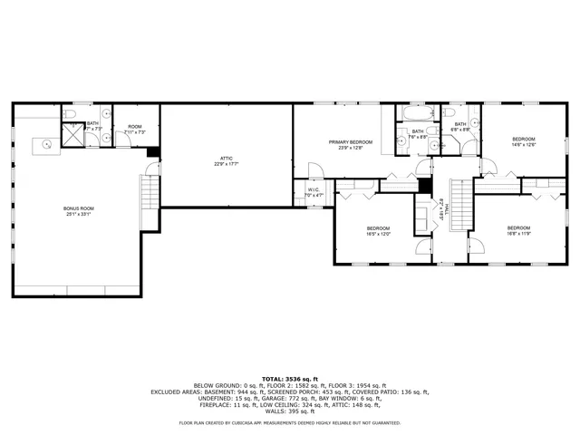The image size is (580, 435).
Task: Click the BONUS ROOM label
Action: (x=79, y=211)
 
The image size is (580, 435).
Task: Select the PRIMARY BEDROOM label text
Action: (x=349, y=146)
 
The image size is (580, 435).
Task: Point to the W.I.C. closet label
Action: (x=314, y=192)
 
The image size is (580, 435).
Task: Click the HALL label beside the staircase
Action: (x=443, y=211)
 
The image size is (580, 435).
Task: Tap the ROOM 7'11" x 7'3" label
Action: (x=135, y=130)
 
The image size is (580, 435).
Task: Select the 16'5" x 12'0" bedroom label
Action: (x=378, y=230)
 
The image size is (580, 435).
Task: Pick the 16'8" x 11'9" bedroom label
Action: (x=517, y=230)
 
